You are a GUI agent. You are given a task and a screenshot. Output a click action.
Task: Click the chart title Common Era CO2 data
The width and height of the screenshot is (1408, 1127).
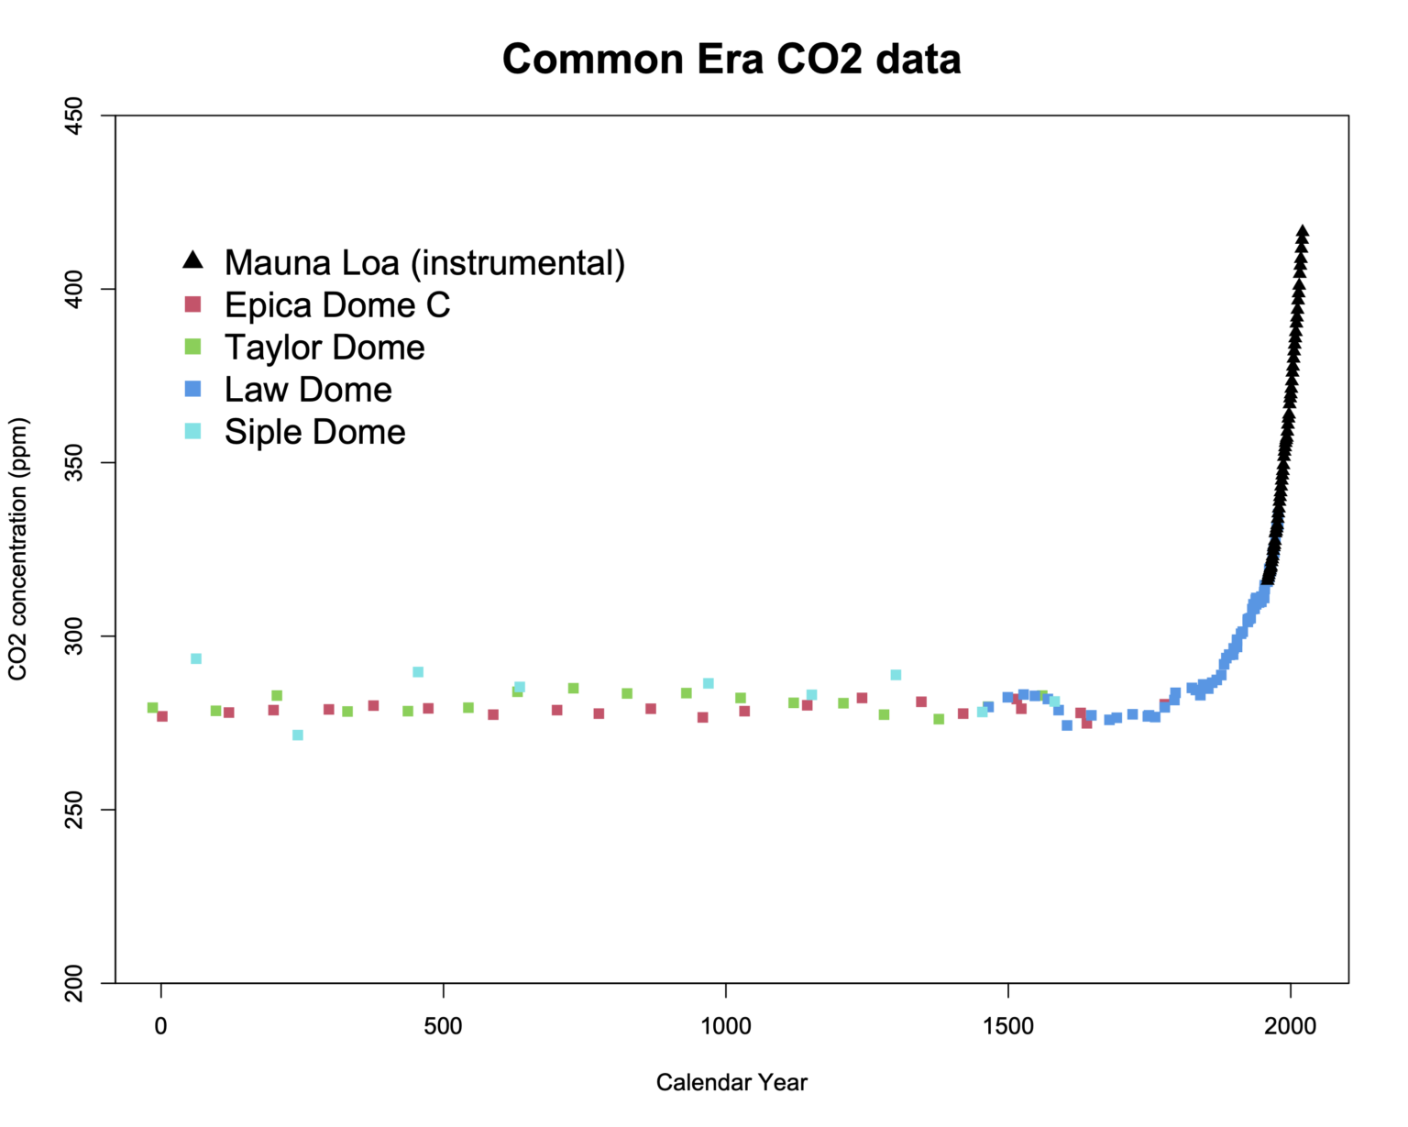(x=731, y=60)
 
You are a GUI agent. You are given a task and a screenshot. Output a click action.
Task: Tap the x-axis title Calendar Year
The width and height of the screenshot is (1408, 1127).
(x=731, y=1082)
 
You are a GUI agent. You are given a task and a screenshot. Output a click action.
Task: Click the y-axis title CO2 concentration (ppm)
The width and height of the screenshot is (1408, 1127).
(x=18, y=549)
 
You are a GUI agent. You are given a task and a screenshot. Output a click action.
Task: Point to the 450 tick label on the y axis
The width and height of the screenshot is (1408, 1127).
(x=74, y=116)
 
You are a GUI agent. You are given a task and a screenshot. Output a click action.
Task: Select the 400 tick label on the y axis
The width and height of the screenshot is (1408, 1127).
(x=74, y=289)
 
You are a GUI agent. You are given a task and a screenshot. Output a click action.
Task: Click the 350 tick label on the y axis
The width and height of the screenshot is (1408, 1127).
(x=74, y=462)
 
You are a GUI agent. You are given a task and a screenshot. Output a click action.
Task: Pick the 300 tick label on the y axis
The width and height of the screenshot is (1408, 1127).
(x=74, y=635)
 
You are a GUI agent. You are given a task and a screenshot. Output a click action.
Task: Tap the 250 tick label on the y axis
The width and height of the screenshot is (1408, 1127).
(x=74, y=809)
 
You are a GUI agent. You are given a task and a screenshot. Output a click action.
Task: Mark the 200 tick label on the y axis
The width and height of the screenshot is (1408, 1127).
(x=74, y=982)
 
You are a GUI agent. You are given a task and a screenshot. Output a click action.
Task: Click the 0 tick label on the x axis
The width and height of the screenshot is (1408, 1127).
(x=161, y=1026)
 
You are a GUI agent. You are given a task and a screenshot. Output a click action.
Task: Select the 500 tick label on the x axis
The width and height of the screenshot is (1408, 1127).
(x=444, y=1026)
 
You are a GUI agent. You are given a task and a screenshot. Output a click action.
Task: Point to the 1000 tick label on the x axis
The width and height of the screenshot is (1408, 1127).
(x=726, y=1026)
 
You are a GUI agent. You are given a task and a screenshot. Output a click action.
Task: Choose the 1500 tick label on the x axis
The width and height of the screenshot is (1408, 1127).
(x=1008, y=1026)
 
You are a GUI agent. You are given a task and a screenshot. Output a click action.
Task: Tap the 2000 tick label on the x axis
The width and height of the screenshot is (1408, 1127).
(x=1291, y=1026)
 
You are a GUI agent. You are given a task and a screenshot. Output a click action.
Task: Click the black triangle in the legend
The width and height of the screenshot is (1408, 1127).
(x=192, y=260)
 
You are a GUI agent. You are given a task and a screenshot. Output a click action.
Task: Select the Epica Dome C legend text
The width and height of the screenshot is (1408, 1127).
(x=337, y=305)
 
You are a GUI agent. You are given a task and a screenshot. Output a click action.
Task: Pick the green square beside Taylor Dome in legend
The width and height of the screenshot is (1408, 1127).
(x=192, y=347)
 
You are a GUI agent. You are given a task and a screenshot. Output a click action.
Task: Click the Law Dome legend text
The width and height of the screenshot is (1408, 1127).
(x=308, y=390)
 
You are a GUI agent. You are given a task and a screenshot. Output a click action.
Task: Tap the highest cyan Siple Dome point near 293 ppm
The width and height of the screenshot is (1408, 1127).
(x=196, y=658)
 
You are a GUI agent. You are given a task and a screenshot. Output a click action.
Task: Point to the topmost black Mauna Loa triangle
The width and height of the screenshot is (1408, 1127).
(x=1303, y=231)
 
